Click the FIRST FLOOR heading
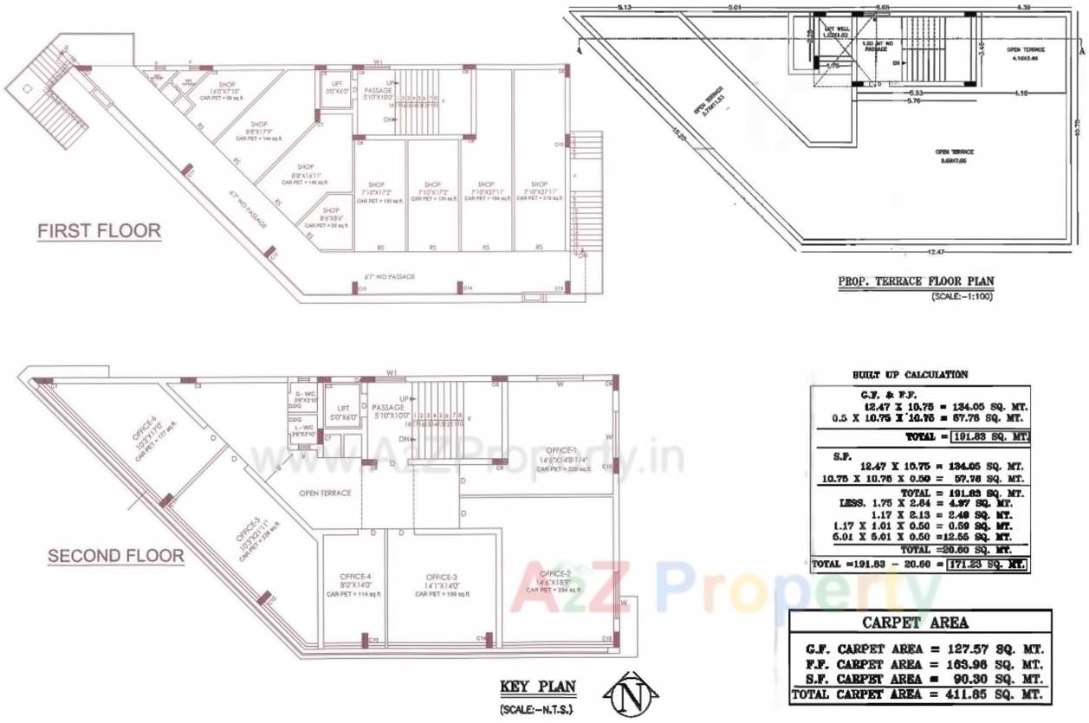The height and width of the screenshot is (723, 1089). [x=99, y=231]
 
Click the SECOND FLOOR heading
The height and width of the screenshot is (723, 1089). [x=115, y=556]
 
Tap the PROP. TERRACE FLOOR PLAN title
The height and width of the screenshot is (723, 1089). [x=915, y=281]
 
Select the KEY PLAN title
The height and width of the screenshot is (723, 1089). [x=537, y=687]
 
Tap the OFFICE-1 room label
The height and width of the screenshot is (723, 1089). [x=561, y=450]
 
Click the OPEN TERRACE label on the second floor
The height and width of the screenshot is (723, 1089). [x=325, y=494]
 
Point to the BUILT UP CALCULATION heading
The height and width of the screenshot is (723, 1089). [x=910, y=375]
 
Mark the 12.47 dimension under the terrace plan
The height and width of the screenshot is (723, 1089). [x=933, y=251]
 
